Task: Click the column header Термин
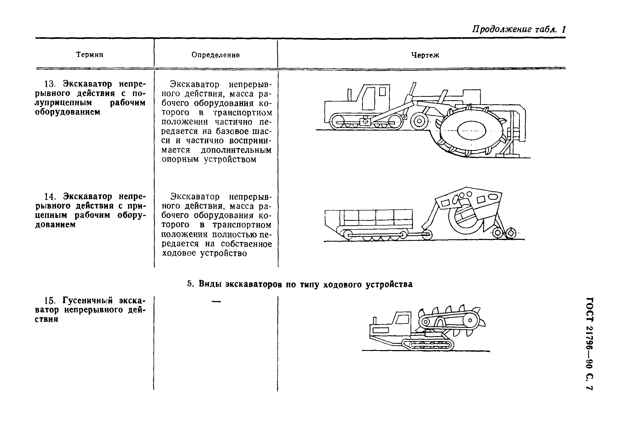(x=89, y=55)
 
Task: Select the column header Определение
(x=216, y=55)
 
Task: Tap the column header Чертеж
(x=425, y=55)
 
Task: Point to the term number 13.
(x=50, y=84)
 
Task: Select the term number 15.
(x=50, y=300)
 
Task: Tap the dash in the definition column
(x=216, y=301)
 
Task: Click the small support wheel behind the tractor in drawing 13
(x=419, y=121)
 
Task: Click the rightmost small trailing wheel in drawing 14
(x=511, y=233)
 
